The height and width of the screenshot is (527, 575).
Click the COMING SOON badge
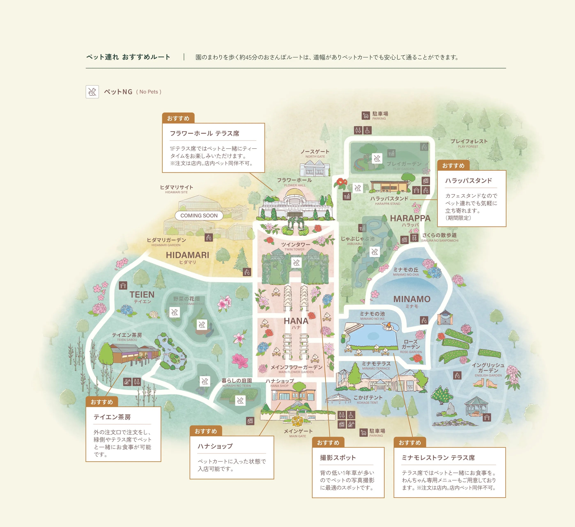199,216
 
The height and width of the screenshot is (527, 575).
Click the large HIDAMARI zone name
187,255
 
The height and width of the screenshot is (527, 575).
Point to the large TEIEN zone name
142,294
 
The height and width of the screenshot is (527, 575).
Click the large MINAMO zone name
412,299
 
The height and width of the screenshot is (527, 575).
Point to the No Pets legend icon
92,92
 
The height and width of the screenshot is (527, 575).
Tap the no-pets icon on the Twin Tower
296,262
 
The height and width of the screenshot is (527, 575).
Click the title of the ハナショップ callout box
215,446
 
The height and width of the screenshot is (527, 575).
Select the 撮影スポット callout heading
338,458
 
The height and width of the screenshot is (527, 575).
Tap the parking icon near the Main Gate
363,433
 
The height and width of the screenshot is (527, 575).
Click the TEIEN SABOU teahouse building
134,354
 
